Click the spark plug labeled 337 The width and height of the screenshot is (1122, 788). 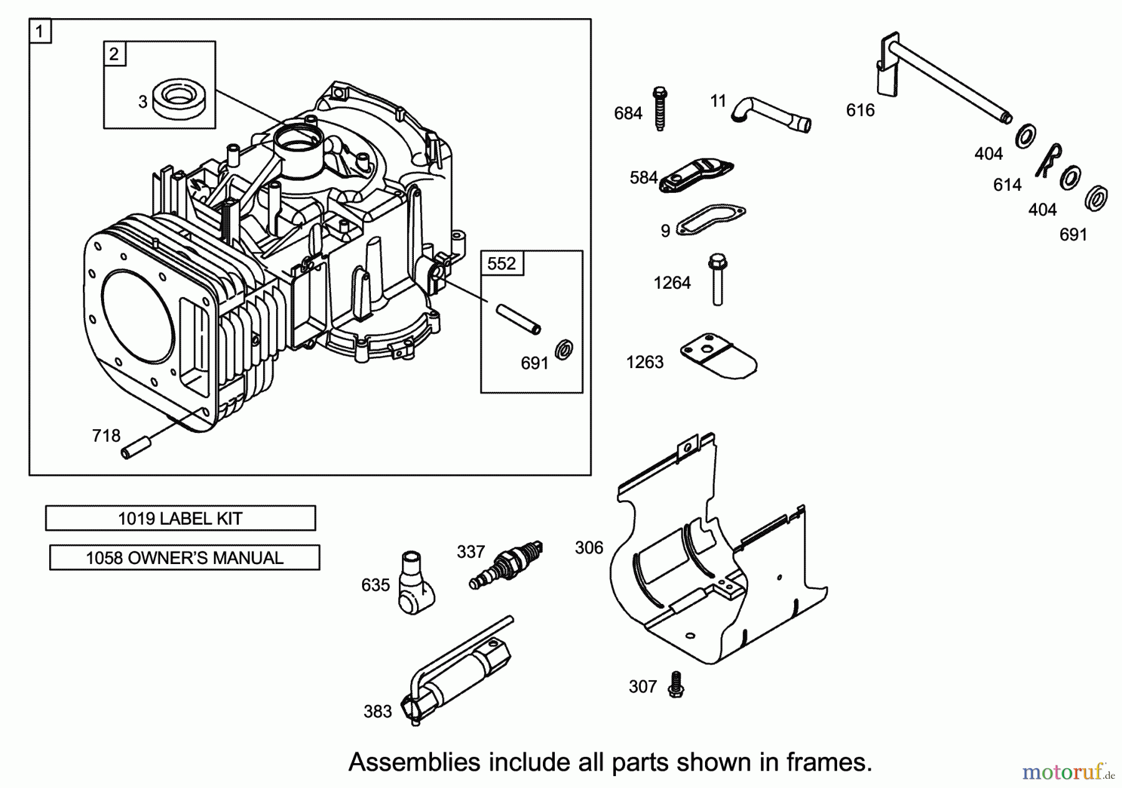point(506,564)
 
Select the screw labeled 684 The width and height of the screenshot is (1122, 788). point(660,109)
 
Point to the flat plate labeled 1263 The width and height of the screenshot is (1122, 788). point(718,358)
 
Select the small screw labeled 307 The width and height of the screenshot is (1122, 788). point(675,684)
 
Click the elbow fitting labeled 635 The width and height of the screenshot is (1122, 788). point(415,581)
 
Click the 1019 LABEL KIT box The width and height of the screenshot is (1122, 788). point(180,518)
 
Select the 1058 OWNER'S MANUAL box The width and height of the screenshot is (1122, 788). point(185,558)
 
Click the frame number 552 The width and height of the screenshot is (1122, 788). point(502,263)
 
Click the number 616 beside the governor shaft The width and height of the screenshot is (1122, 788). point(860,110)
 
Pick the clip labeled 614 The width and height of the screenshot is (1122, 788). point(1049,160)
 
